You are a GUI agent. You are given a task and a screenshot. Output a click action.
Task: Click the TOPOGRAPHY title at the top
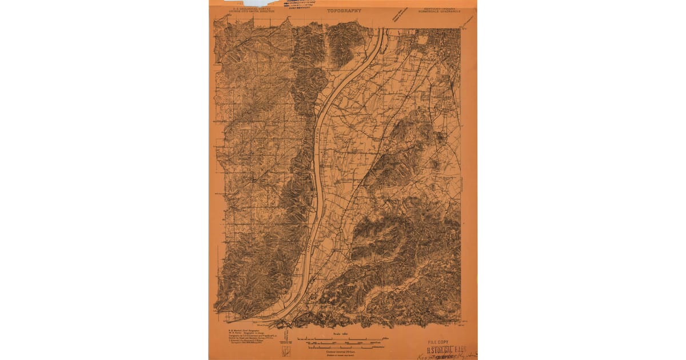(344, 10)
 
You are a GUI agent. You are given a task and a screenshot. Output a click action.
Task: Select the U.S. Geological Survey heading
(250, 9)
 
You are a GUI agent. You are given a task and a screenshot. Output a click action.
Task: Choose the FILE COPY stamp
(441, 342)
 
